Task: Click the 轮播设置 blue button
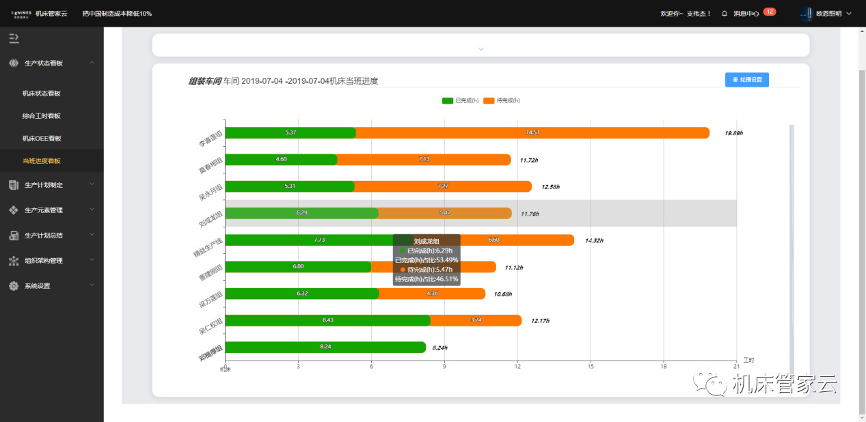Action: click(747, 80)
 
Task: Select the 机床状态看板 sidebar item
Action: click(46, 94)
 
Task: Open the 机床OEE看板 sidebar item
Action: click(42, 139)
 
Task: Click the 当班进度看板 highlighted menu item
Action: click(42, 161)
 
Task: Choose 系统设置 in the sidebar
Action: click(37, 286)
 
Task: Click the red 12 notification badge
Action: click(769, 12)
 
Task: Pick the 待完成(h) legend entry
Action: click(502, 101)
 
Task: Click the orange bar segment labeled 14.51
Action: click(532, 132)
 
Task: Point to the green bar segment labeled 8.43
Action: click(327, 320)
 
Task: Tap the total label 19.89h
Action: click(733, 133)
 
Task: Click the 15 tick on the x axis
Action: click(590, 366)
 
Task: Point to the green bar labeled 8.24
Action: click(325, 347)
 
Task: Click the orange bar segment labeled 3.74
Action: click(476, 320)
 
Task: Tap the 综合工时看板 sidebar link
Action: click(42, 116)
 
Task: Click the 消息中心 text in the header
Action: click(746, 14)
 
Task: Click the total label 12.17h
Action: click(540, 321)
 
